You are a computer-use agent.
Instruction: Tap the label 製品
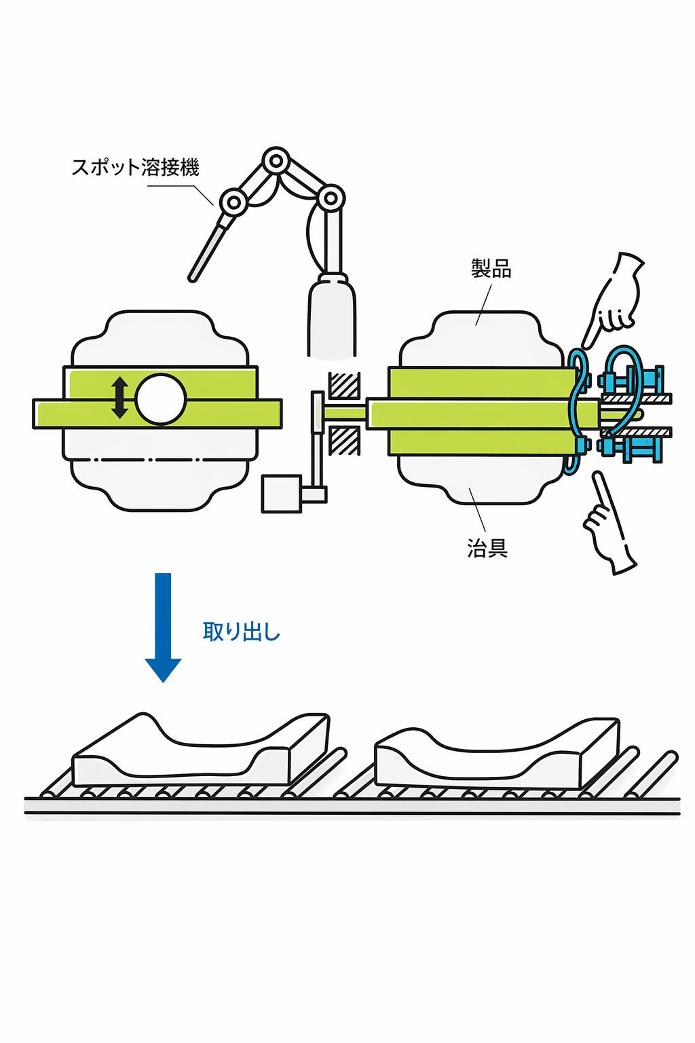pyautogui.click(x=491, y=269)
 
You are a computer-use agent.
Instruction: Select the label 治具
pyautogui.click(x=487, y=547)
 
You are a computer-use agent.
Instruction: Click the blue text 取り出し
pyautogui.click(x=242, y=632)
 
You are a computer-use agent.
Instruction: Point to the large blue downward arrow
pyautogui.click(x=163, y=627)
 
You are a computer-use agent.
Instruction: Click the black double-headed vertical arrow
pyautogui.click(x=120, y=398)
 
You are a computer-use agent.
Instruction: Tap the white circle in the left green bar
pyautogui.click(x=161, y=399)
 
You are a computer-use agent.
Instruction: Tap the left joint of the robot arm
pyautogui.click(x=233, y=202)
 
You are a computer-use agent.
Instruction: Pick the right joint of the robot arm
pyautogui.click(x=331, y=198)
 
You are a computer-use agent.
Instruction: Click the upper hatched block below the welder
pyautogui.click(x=345, y=386)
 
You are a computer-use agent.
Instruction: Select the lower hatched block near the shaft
pyautogui.click(x=345, y=440)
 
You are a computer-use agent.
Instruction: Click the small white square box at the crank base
pyautogui.click(x=281, y=494)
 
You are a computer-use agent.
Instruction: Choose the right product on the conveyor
pyautogui.click(x=497, y=754)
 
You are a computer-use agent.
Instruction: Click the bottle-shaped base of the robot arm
pyautogui.click(x=332, y=316)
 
